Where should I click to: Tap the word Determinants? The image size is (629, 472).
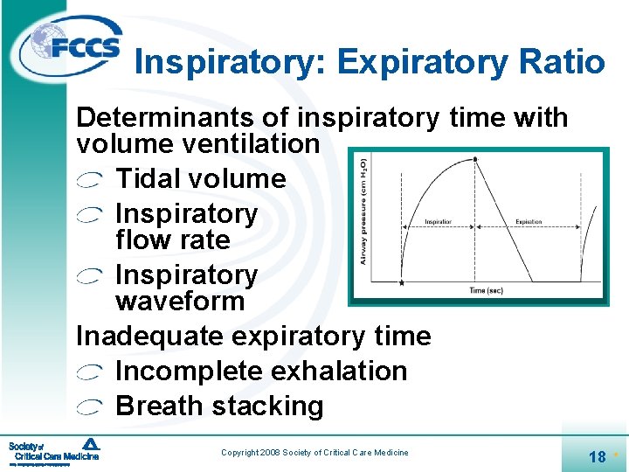[183, 118]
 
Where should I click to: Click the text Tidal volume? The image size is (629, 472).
[200, 179]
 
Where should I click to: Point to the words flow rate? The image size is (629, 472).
[172, 240]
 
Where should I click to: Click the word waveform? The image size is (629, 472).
[180, 302]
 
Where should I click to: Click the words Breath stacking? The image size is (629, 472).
[219, 406]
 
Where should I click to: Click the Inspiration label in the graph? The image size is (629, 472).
[439, 222]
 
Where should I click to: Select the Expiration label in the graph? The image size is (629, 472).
[529, 222]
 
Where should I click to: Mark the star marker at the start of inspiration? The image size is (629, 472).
[401, 282]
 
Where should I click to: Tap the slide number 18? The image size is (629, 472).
[598, 456]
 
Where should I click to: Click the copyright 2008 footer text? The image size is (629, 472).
[314, 452]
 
